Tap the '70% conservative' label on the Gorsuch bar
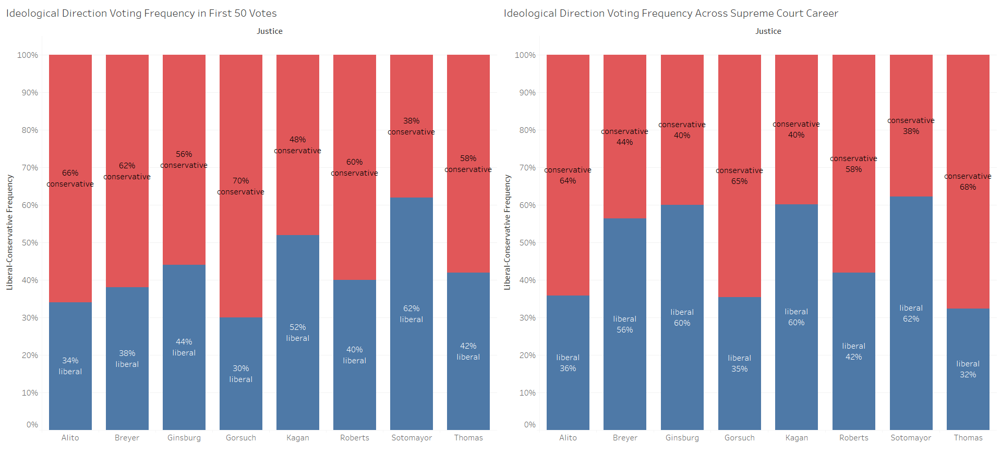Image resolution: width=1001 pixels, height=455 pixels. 240,186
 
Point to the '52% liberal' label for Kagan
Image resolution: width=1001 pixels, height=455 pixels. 297,333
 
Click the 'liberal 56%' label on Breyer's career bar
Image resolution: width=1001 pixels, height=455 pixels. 624,324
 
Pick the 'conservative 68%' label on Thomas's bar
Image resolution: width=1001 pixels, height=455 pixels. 968,181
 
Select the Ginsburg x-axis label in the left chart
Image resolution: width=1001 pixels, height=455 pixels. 184,438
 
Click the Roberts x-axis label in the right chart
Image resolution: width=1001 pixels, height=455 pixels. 853,438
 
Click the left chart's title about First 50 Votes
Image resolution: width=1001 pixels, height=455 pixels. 141,14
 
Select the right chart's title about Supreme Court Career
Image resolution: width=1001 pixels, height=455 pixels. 670,14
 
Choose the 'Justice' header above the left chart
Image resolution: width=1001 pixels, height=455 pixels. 269,31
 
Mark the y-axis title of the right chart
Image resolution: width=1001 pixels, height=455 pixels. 507,232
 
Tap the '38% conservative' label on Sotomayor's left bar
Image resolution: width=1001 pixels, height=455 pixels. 411,126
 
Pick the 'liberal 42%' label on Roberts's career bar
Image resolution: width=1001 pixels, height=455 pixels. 853,351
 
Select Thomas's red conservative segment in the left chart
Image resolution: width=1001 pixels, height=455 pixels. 468,104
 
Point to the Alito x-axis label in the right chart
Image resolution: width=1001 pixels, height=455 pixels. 568,438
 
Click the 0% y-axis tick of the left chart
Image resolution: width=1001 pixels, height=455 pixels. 32,425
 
